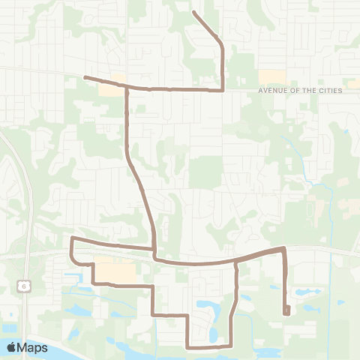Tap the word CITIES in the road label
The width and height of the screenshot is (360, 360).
coord(328,91)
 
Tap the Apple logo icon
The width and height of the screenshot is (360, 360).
coord(13,347)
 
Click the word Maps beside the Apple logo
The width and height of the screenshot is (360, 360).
coord(34,347)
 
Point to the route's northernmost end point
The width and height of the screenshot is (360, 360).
coord(193,12)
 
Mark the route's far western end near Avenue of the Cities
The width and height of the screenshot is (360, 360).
coord(84,77)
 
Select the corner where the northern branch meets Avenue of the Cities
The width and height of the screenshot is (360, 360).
coord(223,89)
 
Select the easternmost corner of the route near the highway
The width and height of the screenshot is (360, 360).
coord(283,247)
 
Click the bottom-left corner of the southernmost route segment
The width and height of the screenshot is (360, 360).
coord(187,346)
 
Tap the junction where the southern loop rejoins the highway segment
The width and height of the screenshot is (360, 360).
coord(237,262)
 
